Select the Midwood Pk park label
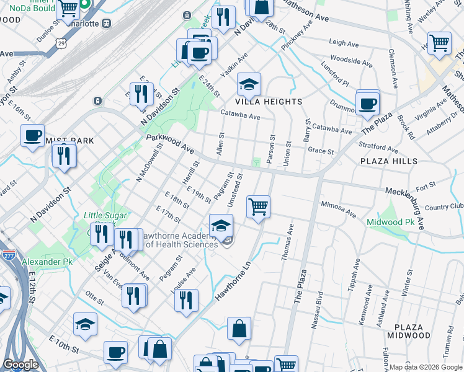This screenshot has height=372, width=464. click(390, 222)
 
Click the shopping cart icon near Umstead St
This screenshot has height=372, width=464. click(258, 206)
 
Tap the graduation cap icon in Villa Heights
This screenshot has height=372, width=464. click(249, 84)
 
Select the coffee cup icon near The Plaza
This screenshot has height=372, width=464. click(368, 103)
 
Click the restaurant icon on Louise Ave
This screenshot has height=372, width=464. click(186, 301)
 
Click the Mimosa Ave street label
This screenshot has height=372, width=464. click(339, 209)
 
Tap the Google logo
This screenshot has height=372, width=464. click(20, 365)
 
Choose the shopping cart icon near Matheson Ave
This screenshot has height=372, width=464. click(440, 43)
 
